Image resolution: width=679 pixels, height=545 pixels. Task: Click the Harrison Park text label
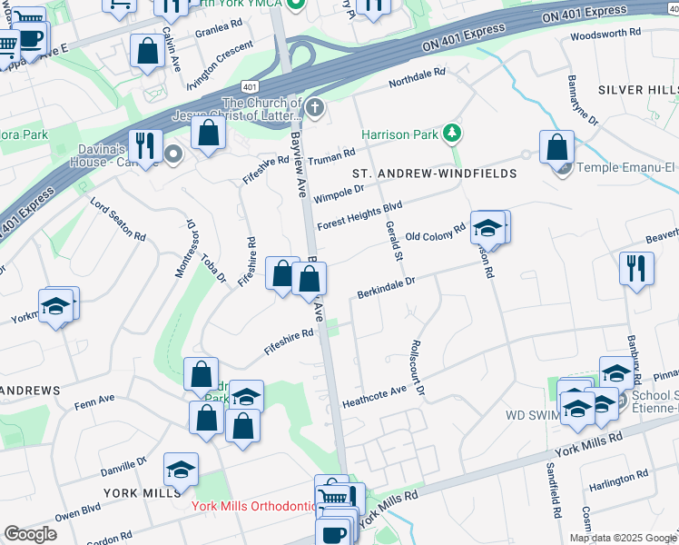(x=400, y=134)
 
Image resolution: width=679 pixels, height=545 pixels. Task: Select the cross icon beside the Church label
(x=315, y=110)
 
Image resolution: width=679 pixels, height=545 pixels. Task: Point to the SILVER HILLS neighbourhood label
(x=637, y=91)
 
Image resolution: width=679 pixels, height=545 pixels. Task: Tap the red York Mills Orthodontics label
(x=251, y=506)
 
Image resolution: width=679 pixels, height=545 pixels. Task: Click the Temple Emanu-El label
(x=627, y=168)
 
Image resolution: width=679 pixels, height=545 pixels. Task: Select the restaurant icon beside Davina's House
(x=144, y=145)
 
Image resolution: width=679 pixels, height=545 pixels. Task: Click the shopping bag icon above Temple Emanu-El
(x=556, y=146)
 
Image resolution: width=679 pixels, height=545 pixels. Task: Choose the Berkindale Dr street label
(x=386, y=288)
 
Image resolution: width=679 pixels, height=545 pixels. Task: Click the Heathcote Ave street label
(x=373, y=396)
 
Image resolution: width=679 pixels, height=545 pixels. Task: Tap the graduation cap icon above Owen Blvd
(x=181, y=469)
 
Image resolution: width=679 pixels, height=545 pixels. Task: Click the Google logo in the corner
(x=30, y=533)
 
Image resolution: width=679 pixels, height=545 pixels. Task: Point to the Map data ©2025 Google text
(x=622, y=538)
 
